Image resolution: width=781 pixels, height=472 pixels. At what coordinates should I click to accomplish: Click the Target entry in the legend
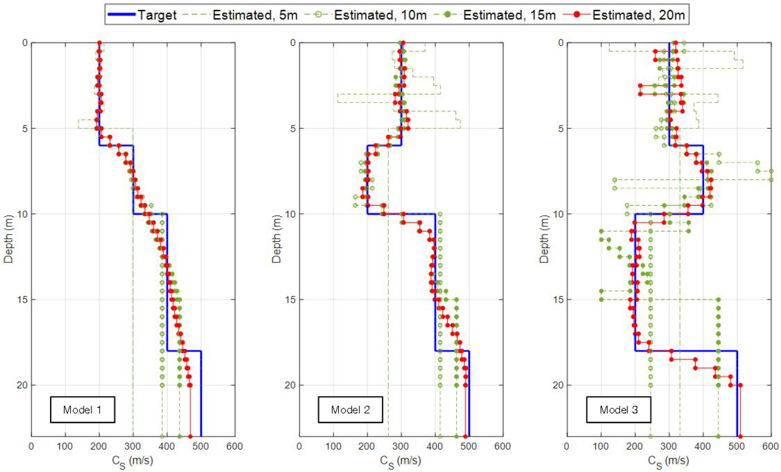(142, 15)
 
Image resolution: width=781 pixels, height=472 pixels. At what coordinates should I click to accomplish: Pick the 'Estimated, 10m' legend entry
(366, 15)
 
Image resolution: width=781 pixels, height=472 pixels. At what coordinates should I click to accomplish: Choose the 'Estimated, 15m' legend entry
(495, 15)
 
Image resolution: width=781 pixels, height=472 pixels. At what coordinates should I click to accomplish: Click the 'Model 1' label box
(83, 410)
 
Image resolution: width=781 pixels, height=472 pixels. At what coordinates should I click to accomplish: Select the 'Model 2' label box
(350, 410)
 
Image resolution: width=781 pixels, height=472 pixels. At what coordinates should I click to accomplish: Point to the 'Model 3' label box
(619, 410)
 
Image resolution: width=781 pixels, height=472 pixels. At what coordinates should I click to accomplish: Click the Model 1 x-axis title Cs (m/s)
(133, 462)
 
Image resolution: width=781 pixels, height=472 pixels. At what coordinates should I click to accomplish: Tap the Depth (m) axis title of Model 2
(277, 239)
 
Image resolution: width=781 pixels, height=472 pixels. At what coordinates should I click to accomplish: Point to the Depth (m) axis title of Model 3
(544, 239)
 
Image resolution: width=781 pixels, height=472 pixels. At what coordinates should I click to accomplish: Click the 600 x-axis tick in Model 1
(235, 447)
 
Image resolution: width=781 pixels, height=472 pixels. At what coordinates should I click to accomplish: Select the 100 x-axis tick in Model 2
(333, 447)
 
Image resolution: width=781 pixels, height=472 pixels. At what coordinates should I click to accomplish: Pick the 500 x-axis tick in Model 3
(737, 447)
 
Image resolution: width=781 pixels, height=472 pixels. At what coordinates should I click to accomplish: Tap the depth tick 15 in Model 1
(22, 300)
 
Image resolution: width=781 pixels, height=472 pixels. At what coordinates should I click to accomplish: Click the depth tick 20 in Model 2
(290, 385)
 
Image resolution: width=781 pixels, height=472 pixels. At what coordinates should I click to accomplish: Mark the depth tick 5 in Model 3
(561, 128)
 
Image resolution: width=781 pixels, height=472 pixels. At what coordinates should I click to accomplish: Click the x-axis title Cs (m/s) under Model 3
(668, 462)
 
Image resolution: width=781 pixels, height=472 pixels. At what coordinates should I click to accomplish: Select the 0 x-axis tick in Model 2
(299, 447)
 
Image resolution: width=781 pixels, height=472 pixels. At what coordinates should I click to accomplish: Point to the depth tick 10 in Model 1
(22, 214)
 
